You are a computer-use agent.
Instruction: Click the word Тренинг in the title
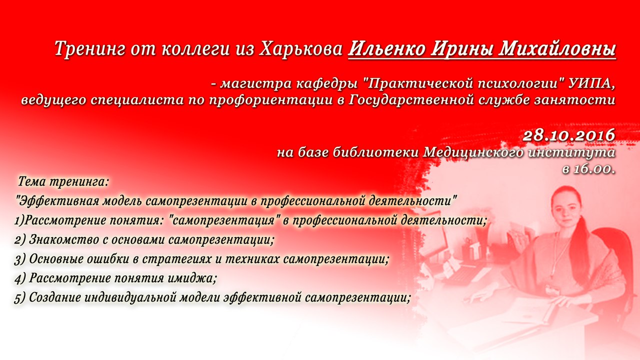pyautogui.click(x=89, y=49)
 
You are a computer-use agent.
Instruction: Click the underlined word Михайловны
pyautogui.click(x=557, y=48)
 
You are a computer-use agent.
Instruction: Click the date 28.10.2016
pyautogui.click(x=569, y=135)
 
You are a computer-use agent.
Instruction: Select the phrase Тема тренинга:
pyautogui.click(x=63, y=182)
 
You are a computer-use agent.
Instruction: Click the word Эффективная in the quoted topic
pyautogui.click(x=57, y=201)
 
